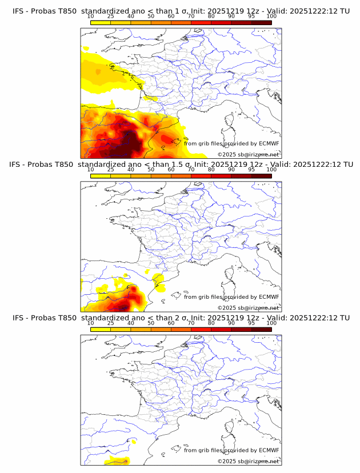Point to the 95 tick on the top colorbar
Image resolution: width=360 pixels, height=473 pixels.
coord(251,17)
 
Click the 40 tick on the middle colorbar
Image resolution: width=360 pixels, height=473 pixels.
coord(131,170)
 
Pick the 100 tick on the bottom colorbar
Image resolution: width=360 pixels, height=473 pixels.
coord(271,323)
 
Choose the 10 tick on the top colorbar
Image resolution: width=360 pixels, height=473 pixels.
coord(91,17)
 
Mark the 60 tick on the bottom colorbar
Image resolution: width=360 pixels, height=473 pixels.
coord(171,323)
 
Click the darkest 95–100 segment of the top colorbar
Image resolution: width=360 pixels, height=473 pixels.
coord(261,23)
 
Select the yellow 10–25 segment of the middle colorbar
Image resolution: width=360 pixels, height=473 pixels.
coord(101,176)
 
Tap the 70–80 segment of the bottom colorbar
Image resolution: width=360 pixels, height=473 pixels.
coord(201,329)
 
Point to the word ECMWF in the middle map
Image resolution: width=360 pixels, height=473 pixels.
coord(269,296)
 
